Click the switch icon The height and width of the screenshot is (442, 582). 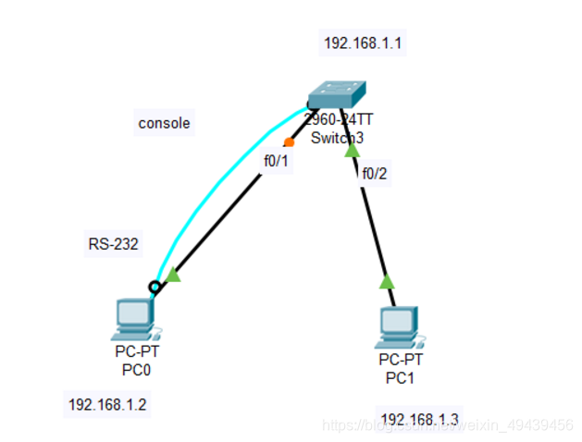click(x=338, y=94)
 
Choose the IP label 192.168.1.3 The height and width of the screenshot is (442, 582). click(x=419, y=418)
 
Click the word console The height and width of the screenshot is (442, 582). click(x=164, y=123)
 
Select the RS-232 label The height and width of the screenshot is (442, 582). click(x=113, y=245)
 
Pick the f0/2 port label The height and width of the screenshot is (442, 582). click(x=375, y=173)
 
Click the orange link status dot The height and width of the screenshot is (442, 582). click(x=289, y=142)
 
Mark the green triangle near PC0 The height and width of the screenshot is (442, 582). click(x=172, y=275)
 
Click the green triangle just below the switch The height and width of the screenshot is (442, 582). click(x=352, y=149)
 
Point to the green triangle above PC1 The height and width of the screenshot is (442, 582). click(x=387, y=281)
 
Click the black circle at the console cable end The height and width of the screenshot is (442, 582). click(x=155, y=287)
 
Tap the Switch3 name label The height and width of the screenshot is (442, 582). click(x=337, y=138)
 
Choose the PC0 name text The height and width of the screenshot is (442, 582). click(x=135, y=370)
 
